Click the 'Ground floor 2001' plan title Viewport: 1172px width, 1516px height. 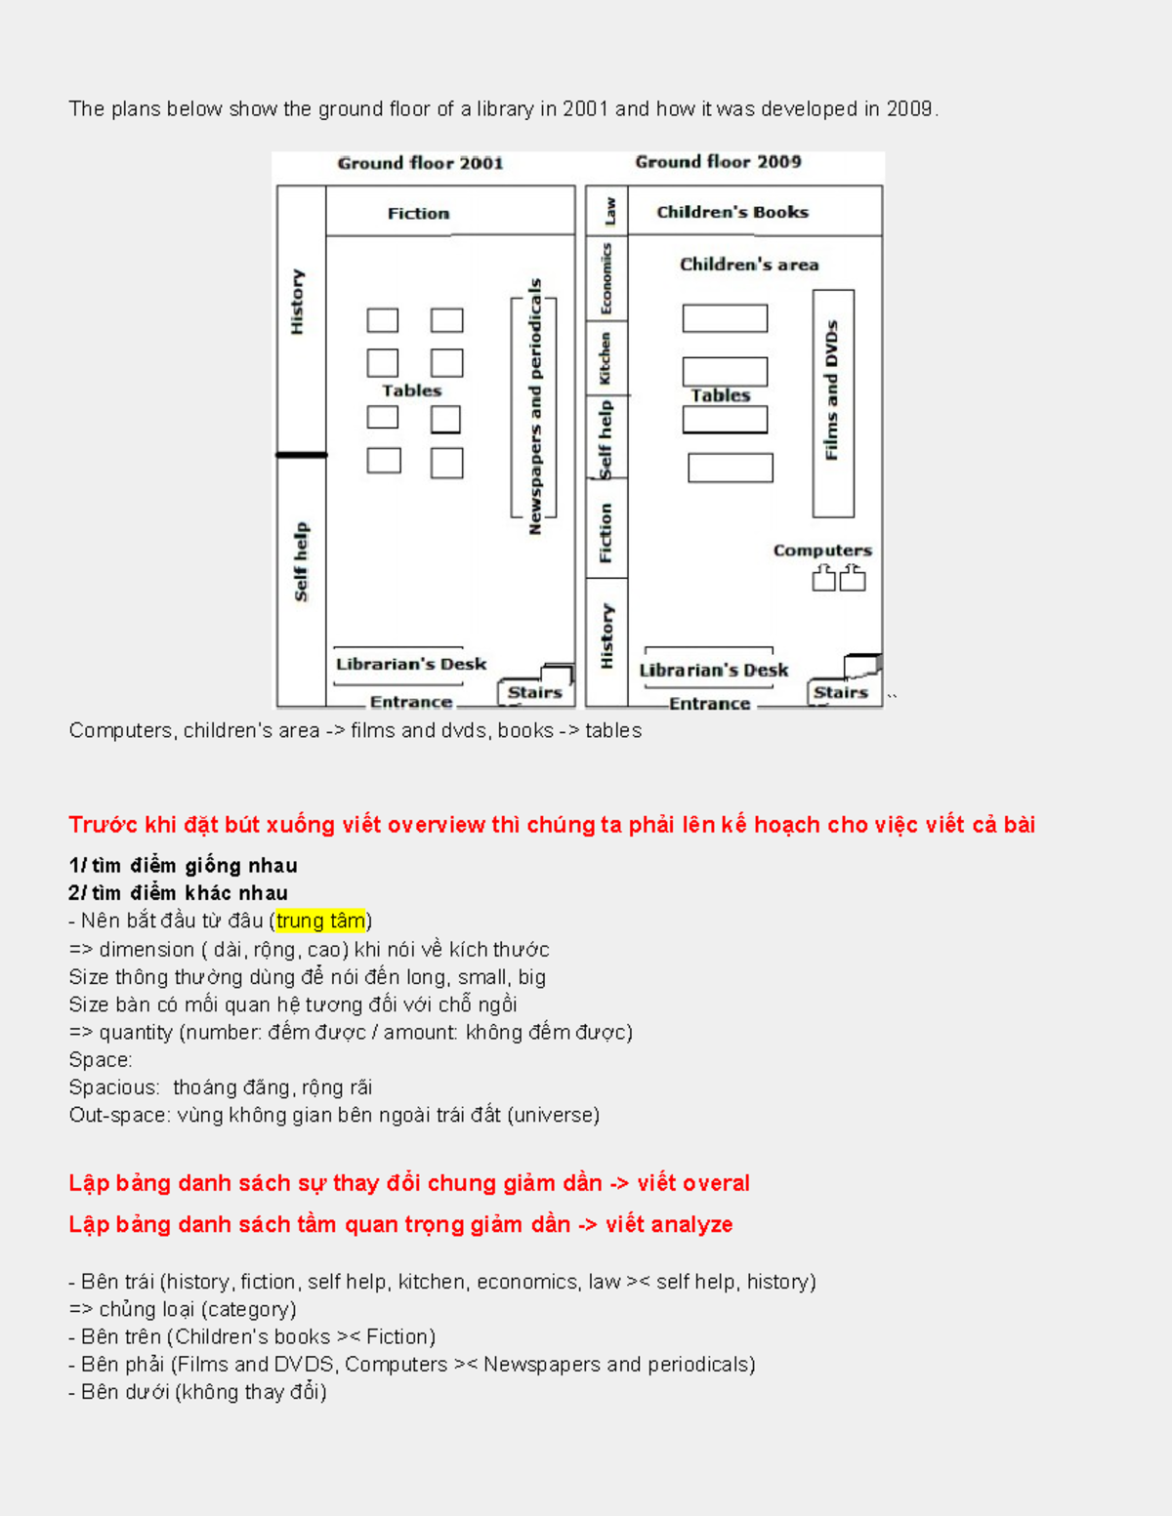(x=420, y=163)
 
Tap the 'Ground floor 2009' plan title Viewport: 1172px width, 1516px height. (x=718, y=161)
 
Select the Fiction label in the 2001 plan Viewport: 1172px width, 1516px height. (x=418, y=213)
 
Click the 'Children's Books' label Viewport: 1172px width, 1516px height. (x=732, y=212)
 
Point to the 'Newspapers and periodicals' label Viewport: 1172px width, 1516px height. (x=534, y=406)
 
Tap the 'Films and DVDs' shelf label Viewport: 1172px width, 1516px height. (x=831, y=389)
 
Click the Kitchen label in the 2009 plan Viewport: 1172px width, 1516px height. (x=605, y=358)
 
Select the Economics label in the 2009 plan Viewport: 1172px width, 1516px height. (x=606, y=279)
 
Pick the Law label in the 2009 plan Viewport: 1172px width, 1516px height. (x=609, y=210)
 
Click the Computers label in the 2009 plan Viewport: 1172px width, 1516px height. (x=822, y=551)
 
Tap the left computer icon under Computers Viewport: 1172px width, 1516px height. (x=824, y=578)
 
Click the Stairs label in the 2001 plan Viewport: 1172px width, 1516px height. (x=534, y=692)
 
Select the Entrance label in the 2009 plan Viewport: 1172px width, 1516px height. (x=709, y=703)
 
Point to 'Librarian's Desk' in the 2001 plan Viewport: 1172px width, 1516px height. (x=410, y=664)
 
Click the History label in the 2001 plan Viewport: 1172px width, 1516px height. (x=297, y=302)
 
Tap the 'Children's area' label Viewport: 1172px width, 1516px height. (x=749, y=265)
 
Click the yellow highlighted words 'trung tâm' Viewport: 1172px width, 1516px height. (x=320, y=921)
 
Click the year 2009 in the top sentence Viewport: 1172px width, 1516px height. (x=908, y=109)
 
